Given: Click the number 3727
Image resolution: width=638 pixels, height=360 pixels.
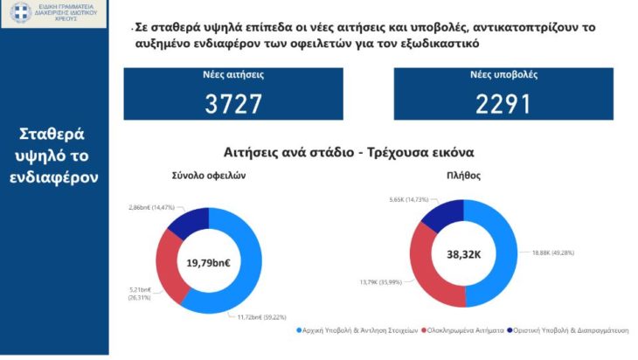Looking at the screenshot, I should tap(233, 104).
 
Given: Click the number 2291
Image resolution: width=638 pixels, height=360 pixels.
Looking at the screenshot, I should tap(503, 104).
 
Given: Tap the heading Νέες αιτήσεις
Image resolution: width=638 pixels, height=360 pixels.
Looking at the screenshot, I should tap(233, 76).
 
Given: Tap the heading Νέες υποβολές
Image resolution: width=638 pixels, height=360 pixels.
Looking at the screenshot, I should tap(504, 76).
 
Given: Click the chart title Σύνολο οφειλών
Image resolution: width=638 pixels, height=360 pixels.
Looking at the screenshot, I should tap(213, 175).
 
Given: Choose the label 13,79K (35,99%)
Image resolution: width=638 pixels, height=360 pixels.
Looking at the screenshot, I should tap(380, 282).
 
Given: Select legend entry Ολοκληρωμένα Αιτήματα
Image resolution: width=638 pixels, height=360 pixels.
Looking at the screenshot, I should tap(464, 330).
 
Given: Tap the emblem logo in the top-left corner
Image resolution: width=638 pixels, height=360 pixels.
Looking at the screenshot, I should tap(21, 13).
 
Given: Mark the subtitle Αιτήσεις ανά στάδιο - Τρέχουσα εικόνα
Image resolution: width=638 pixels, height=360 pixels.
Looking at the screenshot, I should tap(336, 152).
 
